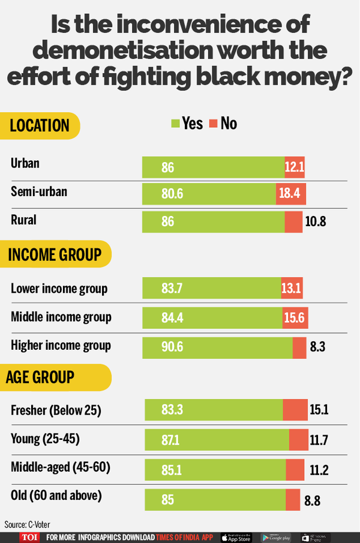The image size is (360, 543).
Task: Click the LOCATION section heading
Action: [x=39, y=125]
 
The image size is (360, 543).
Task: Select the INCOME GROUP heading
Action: [x=55, y=254]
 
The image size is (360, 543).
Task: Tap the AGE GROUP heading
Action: [x=40, y=377]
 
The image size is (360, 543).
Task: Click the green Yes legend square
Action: [x=176, y=124]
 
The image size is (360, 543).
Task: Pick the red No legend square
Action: [x=213, y=124]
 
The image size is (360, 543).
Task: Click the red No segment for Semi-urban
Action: [x=292, y=194]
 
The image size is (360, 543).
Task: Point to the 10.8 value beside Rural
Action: [x=315, y=221]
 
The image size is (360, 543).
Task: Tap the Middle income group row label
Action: [x=61, y=317]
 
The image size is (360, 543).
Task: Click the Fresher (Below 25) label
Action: [x=56, y=410]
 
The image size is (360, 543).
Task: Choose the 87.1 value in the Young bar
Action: [x=170, y=441]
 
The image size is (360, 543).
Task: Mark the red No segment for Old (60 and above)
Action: [x=292, y=499]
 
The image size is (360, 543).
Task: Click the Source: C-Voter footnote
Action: [x=26, y=524]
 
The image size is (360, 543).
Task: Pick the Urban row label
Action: [x=25, y=163]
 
